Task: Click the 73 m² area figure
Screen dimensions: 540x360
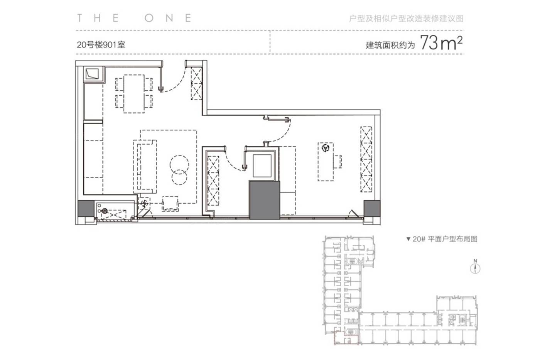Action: click(x=441, y=43)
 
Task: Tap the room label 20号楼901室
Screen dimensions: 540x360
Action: click(x=101, y=45)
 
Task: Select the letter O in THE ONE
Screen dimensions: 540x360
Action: click(x=149, y=18)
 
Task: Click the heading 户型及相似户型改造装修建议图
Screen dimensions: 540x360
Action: click(x=406, y=19)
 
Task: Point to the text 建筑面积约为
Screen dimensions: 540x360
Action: click(x=390, y=45)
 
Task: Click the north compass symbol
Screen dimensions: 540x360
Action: click(x=475, y=269)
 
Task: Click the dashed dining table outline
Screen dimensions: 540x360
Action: click(x=134, y=94)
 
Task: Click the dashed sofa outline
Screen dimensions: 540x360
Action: click(x=145, y=167)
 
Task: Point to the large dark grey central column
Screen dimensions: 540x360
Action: click(x=265, y=200)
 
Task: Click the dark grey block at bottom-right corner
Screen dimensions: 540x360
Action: click(x=372, y=209)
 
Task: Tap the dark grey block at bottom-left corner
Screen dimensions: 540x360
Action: click(x=86, y=209)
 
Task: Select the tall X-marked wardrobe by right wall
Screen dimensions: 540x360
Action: click(x=366, y=159)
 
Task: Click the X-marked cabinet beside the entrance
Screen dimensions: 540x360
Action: click(x=196, y=83)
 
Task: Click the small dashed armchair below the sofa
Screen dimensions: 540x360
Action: click(x=170, y=204)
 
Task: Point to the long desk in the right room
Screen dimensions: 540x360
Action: click(x=326, y=162)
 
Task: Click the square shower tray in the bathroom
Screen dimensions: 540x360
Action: click(x=262, y=166)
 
